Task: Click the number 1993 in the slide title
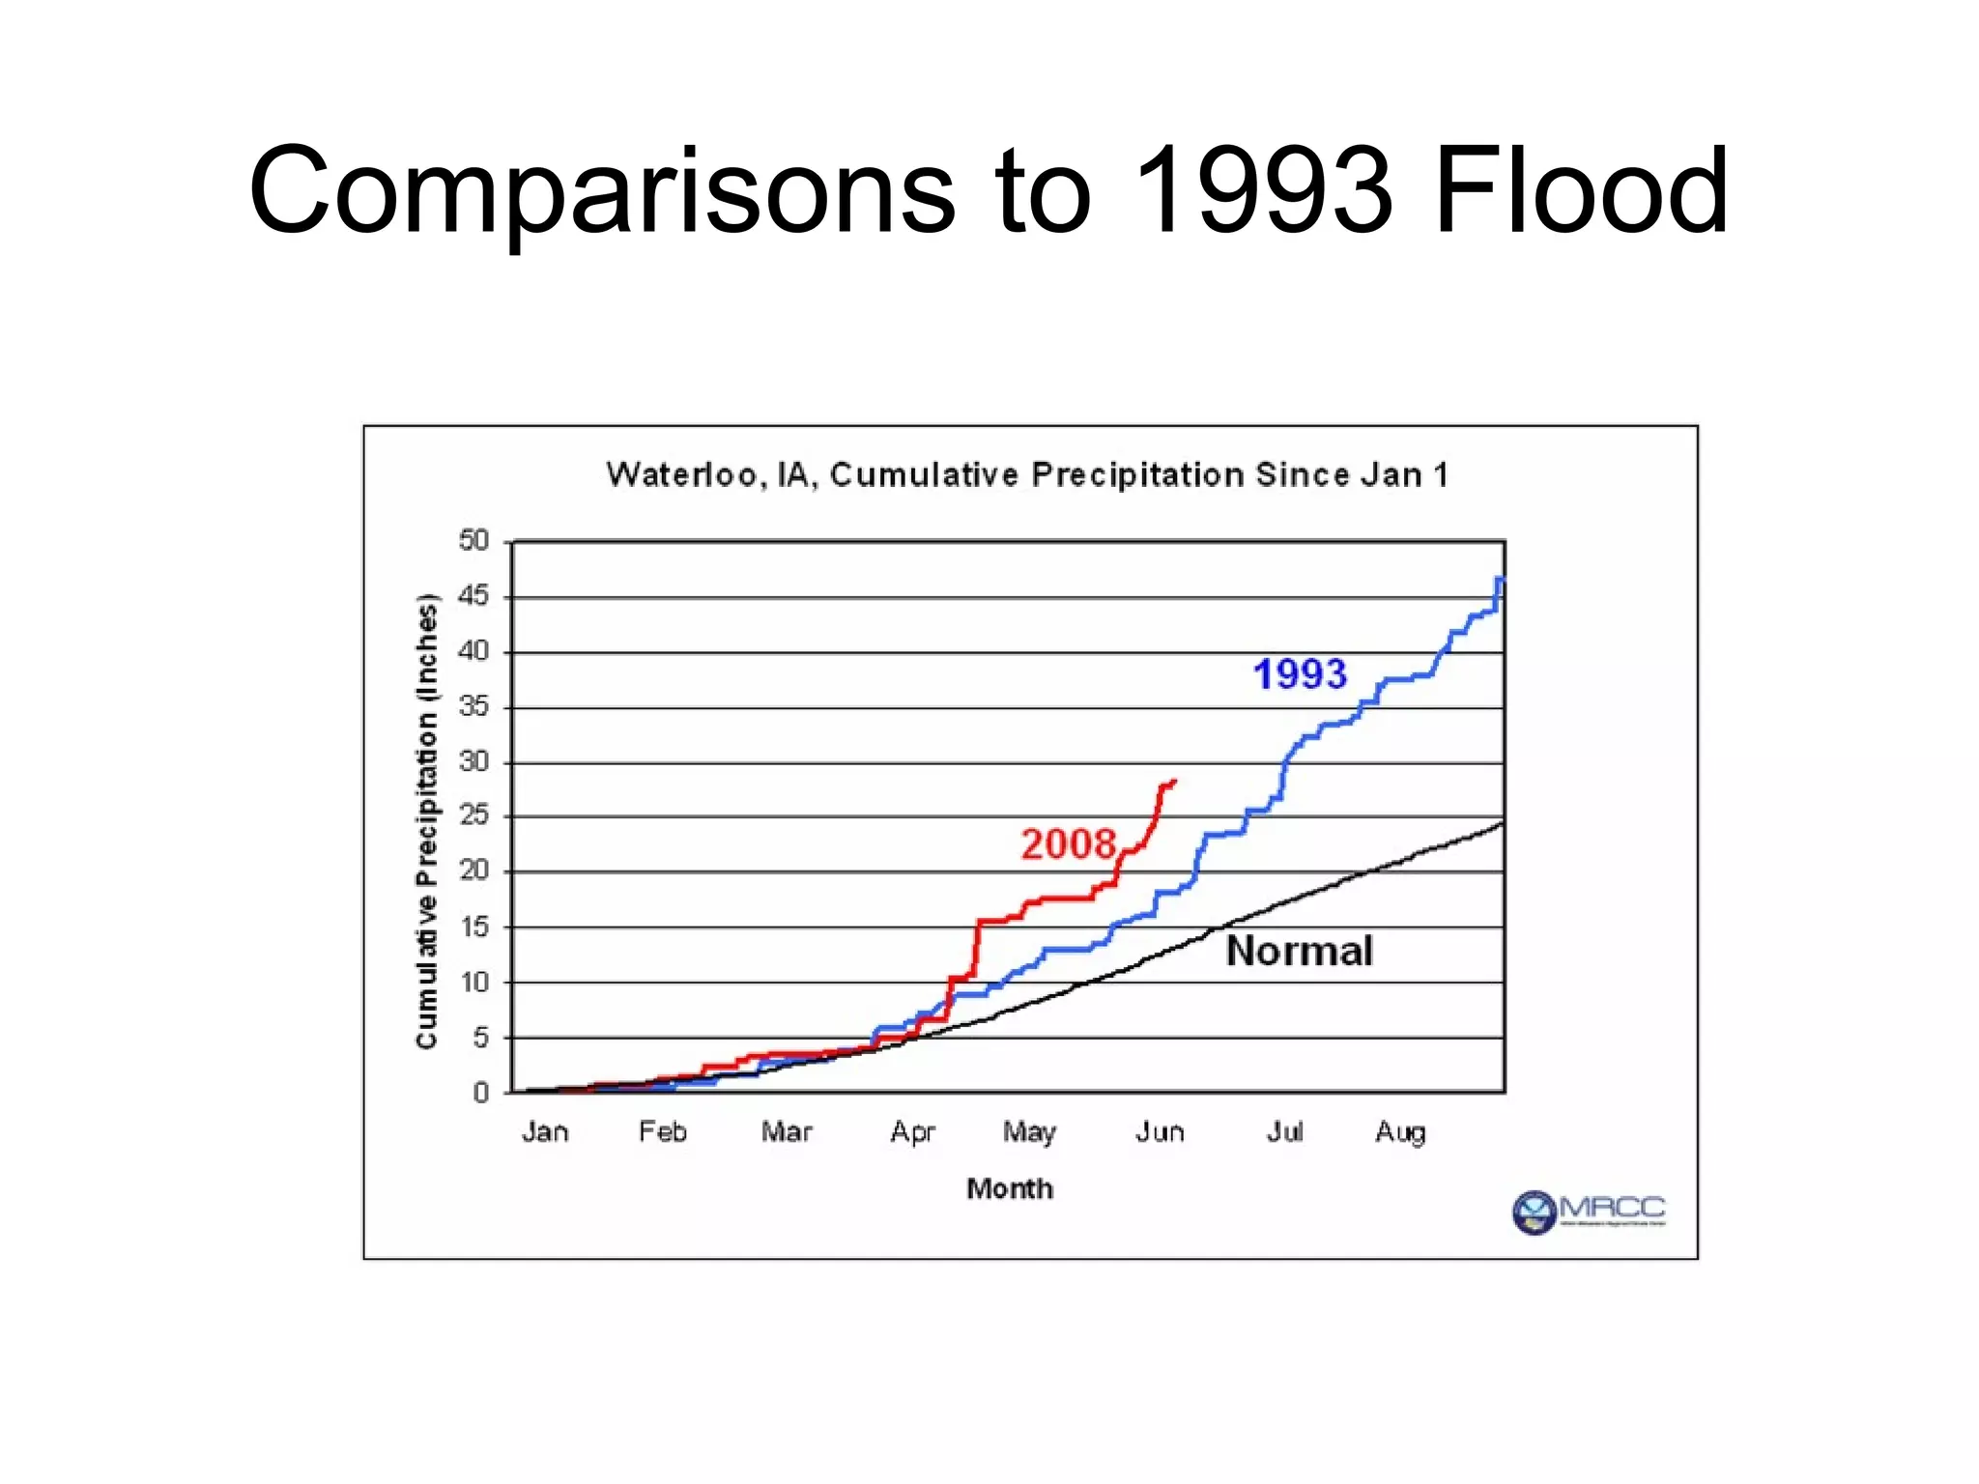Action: click(x=1263, y=190)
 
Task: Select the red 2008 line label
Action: click(x=1069, y=843)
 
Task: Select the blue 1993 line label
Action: click(x=1300, y=674)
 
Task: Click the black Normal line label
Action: click(x=1299, y=951)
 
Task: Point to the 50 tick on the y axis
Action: click(x=473, y=540)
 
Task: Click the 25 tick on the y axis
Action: click(x=473, y=815)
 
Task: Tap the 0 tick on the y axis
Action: click(x=480, y=1093)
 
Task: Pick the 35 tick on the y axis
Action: click(x=473, y=706)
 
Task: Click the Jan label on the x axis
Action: click(x=545, y=1131)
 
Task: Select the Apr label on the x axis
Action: click(x=912, y=1132)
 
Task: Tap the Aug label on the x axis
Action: click(x=1400, y=1132)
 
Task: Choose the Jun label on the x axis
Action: click(x=1160, y=1131)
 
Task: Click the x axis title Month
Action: click(x=1010, y=1188)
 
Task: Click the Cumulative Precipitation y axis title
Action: click(x=426, y=821)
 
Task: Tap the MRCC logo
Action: click(x=1589, y=1212)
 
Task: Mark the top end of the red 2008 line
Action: click(x=1173, y=781)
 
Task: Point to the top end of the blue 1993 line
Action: click(x=1501, y=579)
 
